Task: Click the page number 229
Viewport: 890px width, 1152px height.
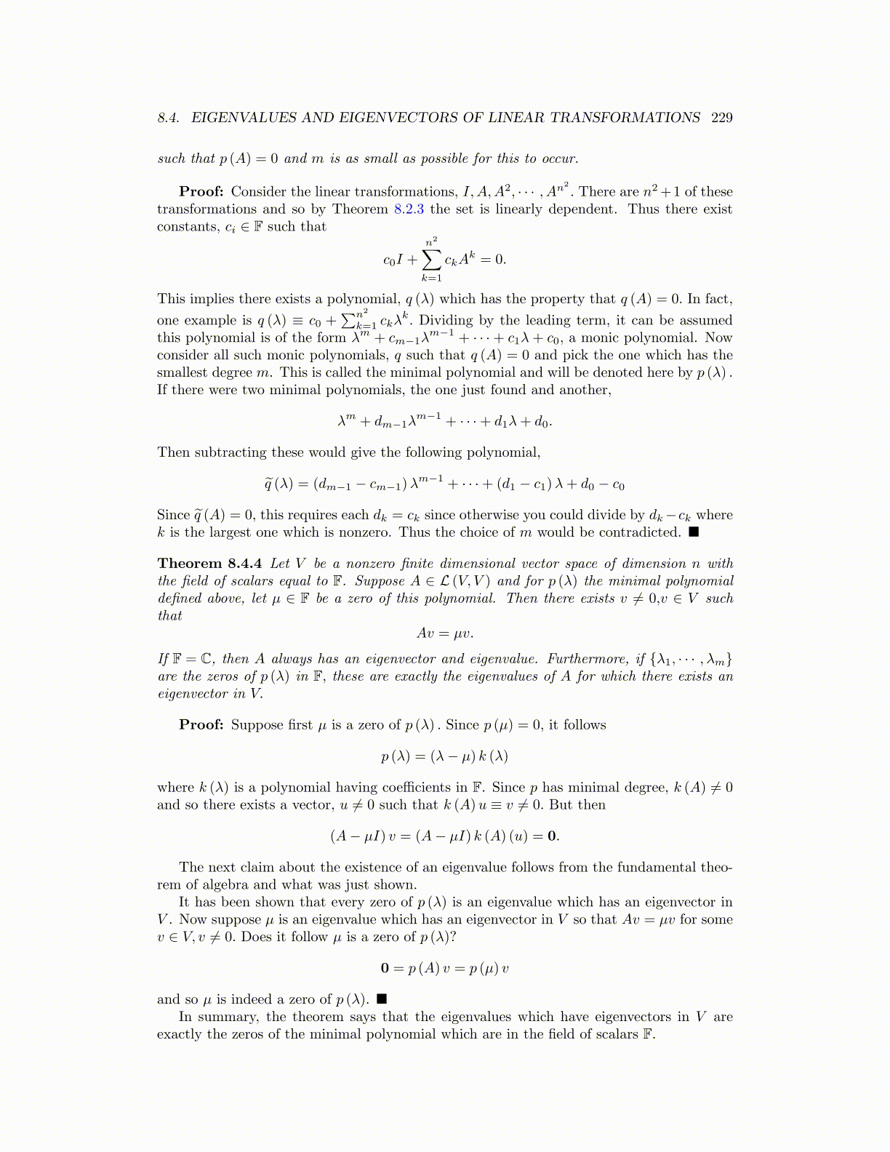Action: [x=721, y=118]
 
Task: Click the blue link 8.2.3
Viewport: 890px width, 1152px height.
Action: [x=409, y=209]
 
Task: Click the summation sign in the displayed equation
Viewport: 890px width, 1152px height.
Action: [x=431, y=259]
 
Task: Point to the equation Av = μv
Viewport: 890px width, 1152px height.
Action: [x=445, y=633]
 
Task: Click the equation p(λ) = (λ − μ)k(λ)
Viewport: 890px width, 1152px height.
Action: [x=444, y=756]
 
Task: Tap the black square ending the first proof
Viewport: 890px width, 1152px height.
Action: [x=694, y=532]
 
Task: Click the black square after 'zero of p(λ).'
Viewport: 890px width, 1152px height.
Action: [x=382, y=999]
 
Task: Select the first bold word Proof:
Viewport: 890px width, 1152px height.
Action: [x=201, y=192]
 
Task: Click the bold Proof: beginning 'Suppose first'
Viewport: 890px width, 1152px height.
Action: [x=201, y=725]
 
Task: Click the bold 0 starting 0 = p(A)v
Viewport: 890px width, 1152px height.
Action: [x=385, y=969]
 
